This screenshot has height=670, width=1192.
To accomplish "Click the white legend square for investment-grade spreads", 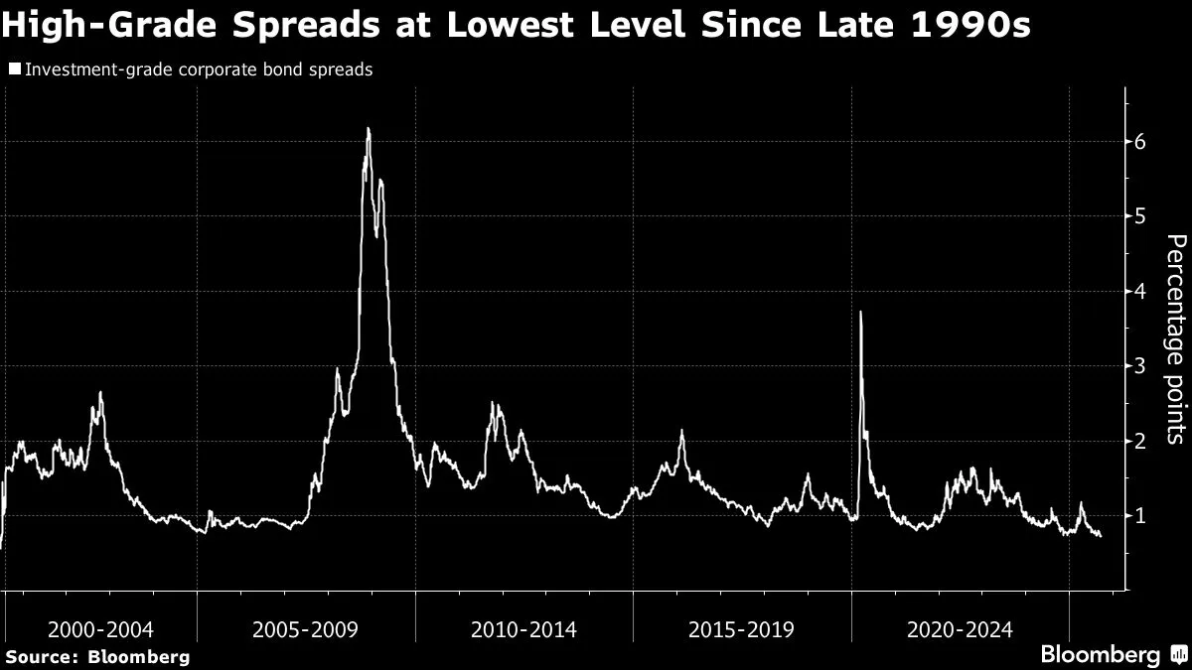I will [14, 69].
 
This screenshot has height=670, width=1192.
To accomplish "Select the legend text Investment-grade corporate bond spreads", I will [198, 70].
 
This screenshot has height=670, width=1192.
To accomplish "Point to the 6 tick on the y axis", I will [1140, 142].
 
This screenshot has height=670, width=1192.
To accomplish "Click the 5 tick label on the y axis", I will [1140, 216].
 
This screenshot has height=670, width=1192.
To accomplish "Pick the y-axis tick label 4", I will [1140, 292].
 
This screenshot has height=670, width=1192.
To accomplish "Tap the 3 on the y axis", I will [1140, 366].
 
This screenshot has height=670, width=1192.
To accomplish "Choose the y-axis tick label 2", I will [1140, 441].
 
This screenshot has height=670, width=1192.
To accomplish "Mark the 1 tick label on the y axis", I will [1140, 515].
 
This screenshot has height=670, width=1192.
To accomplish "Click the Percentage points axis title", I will [1174, 337].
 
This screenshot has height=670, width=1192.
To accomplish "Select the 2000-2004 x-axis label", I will [100, 629].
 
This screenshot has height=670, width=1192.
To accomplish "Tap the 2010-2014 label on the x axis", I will [523, 629].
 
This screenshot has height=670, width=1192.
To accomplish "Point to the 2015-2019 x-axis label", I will [741, 629].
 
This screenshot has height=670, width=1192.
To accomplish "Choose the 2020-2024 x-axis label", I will [960, 629].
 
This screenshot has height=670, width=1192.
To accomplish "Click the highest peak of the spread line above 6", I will [369, 129].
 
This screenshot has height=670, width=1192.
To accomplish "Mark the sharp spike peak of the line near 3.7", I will [860, 313].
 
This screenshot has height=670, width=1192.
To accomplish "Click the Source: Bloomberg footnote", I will [97, 656].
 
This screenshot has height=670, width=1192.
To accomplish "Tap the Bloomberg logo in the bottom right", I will [1112, 655].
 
